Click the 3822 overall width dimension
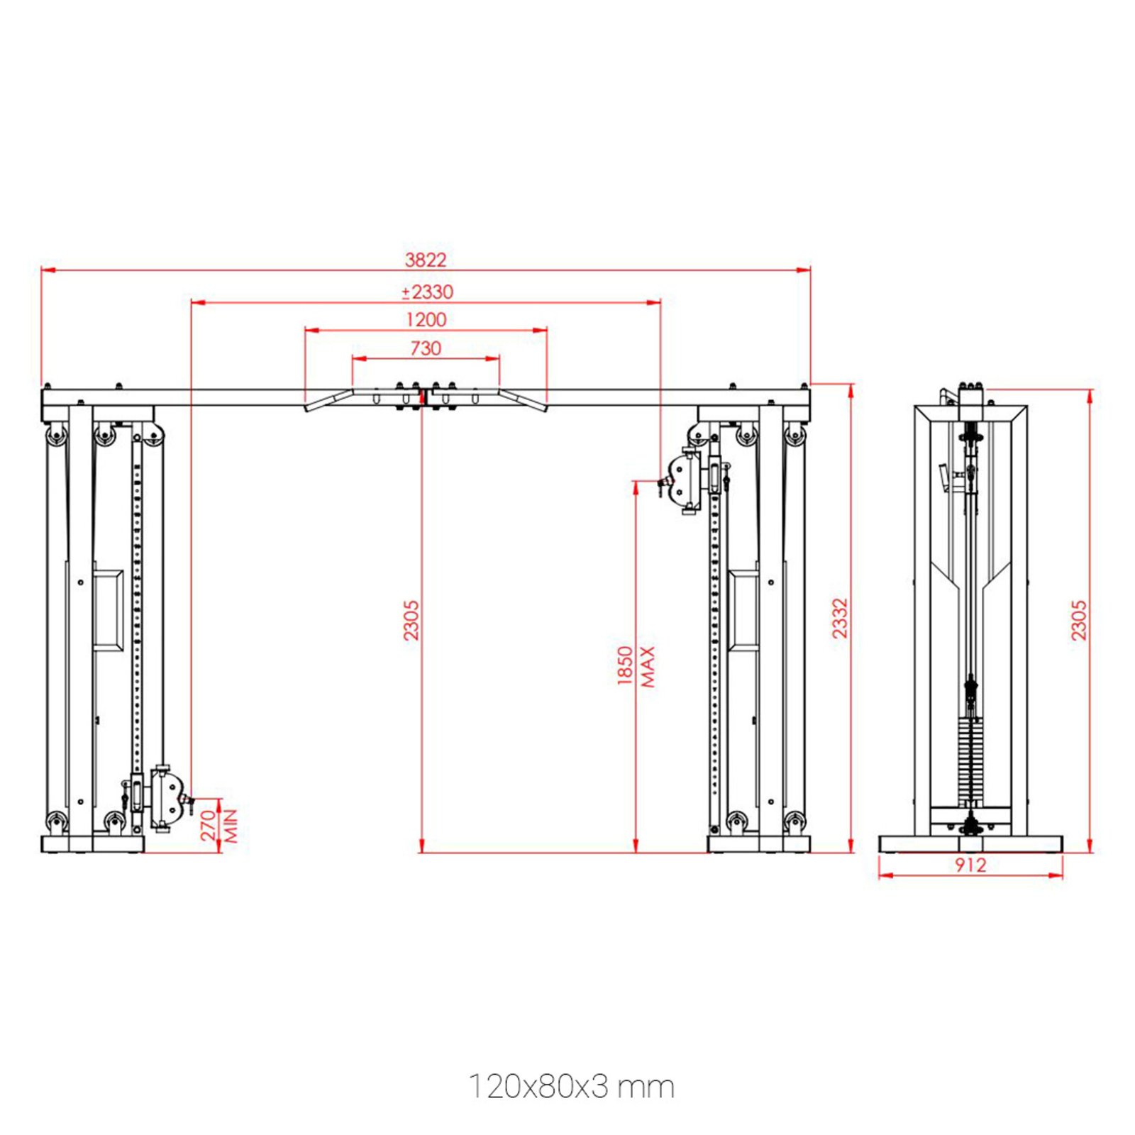pyautogui.click(x=426, y=260)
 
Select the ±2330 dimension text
pyautogui.click(x=427, y=292)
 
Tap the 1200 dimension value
pyautogui.click(x=426, y=319)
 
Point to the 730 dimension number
pyautogui.click(x=426, y=348)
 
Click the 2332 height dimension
pyautogui.click(x=840, y=618)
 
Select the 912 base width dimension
pyautogui.click(x=970, y=865)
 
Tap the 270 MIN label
pyautogui.click(x=218, y=826)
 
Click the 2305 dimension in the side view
pyautogui.click(x=1078, y=620)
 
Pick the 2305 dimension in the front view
pyautogui.click(x=411, y=620)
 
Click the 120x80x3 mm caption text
pyautogui.click(x=571, y=1087)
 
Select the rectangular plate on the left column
pyautogui.click(x=108, y=609)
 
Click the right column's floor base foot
pyautogui.click(x=758, y=843)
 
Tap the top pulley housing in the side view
pyautogui.click(x=970, y=397)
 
